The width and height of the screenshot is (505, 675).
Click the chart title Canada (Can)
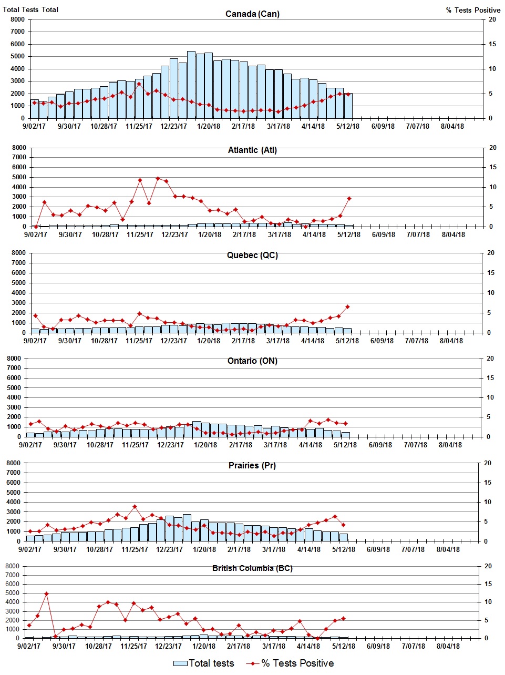252,14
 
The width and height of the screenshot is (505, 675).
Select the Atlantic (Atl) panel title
252,150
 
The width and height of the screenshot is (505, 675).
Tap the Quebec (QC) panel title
252,255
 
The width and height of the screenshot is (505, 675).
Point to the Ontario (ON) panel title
252,361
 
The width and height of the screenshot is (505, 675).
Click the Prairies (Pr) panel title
252,466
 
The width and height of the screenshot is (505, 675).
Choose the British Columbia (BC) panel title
252,568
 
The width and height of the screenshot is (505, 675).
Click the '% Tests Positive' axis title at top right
473,10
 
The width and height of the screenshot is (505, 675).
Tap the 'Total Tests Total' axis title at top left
30,9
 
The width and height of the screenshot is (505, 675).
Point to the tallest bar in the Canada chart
191,84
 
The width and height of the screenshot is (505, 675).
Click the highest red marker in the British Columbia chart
46,594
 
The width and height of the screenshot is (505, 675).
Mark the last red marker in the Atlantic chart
349,198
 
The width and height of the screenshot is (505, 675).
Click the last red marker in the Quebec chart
347,306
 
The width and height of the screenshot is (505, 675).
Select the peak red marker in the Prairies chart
135,507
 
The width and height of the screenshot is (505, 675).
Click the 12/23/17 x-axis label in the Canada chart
173,126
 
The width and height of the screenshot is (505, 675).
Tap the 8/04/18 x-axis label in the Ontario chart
450,445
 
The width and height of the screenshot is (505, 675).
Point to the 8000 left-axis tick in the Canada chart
17,19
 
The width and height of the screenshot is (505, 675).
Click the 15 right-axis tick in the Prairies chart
487,483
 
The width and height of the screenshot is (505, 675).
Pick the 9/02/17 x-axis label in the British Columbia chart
29,646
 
